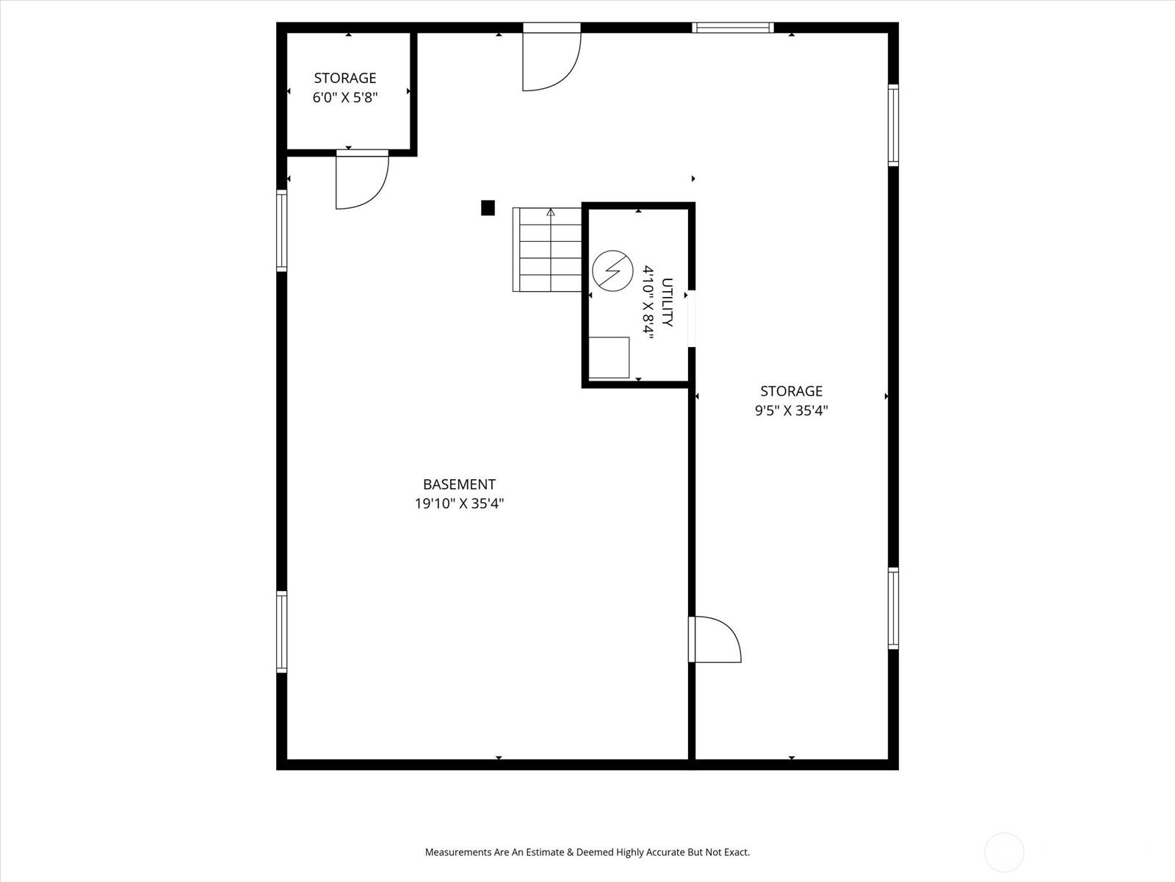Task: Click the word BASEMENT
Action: click(459, 484)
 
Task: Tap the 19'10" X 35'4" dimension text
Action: click(459, 503)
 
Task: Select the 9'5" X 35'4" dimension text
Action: click(791, 410)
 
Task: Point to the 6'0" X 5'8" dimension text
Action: click(345, 98)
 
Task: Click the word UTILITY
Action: click(667, 302)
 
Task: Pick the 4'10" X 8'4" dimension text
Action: click(648, 302)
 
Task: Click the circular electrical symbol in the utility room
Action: click(613, 271)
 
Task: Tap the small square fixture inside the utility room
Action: click(610, 358)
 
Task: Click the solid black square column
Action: click(488, 208)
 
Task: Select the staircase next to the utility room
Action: click(547, 250)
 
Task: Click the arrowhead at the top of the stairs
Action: click(550, 212)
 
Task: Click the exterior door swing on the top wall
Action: click(552, 58)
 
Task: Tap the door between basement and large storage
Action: click(715, 639)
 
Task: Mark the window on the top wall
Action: click(733, 28)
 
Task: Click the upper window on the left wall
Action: click(281, 231)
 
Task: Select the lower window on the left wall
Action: click(281, 632)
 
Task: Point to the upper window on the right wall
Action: click(894, 125)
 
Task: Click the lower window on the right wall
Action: click(894, 609)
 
